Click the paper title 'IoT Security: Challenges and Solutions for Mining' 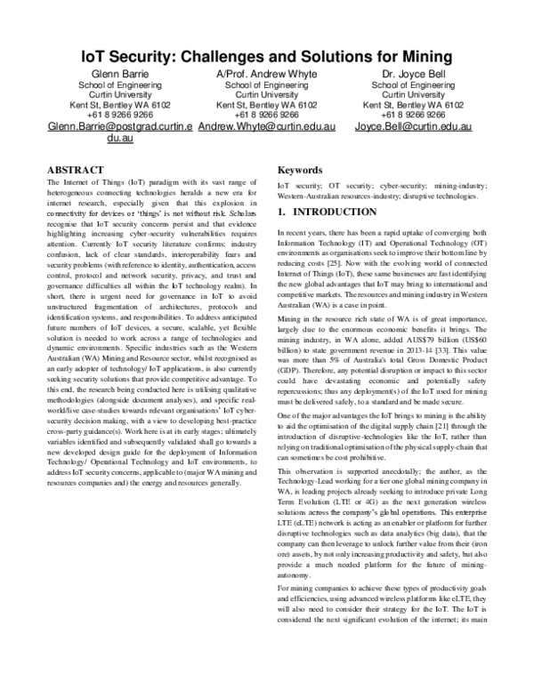[x=267, y=57]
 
